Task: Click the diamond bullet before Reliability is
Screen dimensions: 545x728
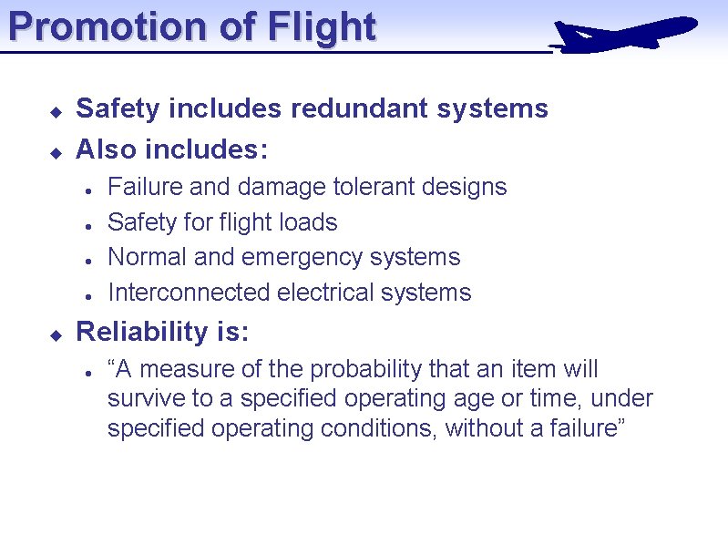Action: [55, 335]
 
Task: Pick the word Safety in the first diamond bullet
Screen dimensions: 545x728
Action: [115, 108]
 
